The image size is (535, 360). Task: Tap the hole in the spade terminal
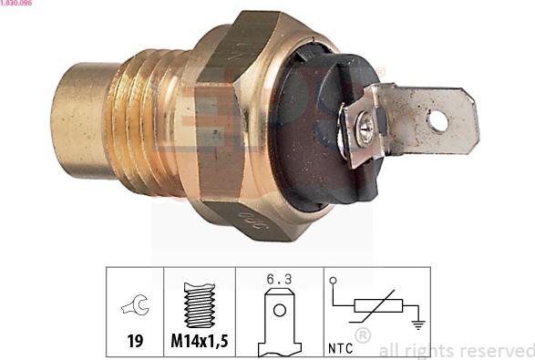point(439,120)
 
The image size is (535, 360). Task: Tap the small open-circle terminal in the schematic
point(333,281)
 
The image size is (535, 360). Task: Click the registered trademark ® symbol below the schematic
point(362,336)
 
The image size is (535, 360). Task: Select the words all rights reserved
point(456,350)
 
